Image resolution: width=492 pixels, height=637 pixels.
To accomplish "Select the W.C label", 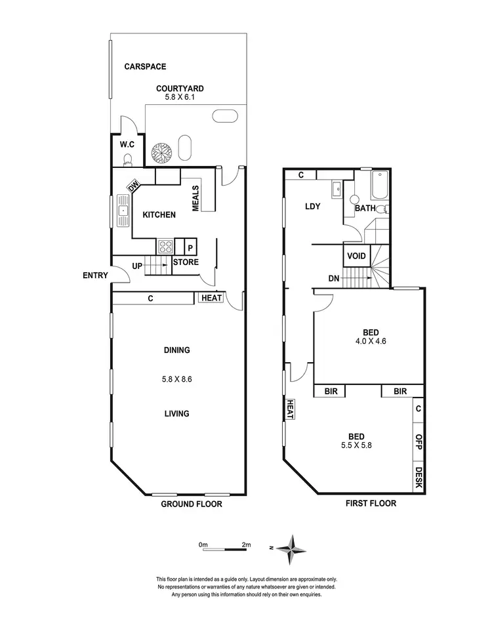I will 127,144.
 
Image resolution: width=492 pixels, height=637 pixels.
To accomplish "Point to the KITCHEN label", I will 159,215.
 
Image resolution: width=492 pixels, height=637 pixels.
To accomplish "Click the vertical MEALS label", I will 195,197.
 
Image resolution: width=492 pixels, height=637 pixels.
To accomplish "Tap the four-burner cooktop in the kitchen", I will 165,247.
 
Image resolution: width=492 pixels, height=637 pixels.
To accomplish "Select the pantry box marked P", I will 190,247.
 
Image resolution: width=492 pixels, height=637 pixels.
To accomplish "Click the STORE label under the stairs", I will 186,262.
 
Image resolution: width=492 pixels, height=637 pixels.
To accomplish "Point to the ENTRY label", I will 95,276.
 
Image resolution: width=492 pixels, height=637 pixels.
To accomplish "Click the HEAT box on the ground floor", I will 211,298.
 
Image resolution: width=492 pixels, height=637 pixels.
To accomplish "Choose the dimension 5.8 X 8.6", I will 177,379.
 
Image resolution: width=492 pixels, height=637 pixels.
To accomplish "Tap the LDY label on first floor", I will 312,207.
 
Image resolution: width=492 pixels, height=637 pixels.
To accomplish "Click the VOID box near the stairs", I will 356,256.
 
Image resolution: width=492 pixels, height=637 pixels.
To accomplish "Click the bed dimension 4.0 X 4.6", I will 365,341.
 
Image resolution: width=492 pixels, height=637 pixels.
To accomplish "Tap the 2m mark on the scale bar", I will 246,545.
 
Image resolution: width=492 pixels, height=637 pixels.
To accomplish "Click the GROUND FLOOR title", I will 192,504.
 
